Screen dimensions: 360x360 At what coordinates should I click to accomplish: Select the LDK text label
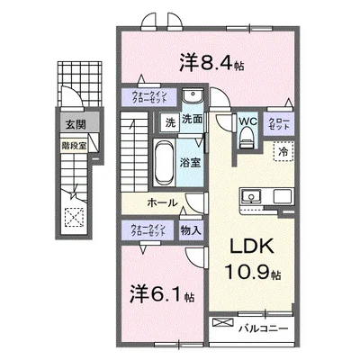(251, 247)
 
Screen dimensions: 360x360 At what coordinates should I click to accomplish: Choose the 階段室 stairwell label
(74, 141)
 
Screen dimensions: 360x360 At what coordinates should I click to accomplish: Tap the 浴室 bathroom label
(191, 163)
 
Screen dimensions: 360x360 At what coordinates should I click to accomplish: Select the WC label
(248, 120)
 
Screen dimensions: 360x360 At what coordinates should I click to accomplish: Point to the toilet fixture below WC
(247, 136)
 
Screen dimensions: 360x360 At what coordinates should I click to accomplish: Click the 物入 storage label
(191, 230)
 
